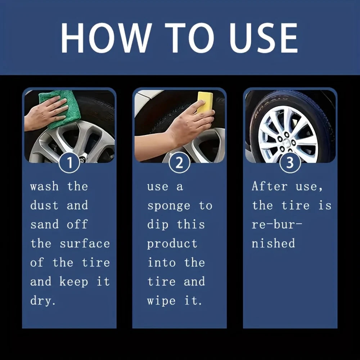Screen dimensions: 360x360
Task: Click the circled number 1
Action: coord(69,163)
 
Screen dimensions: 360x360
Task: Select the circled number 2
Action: coord(179,163)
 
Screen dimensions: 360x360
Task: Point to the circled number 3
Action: coord(290,163)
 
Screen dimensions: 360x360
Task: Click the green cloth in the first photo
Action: coord(61,108)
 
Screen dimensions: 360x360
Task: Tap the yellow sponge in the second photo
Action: coord(205,102)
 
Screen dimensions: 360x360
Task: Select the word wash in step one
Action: coord(44,186)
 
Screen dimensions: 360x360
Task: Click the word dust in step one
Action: coord(44,206)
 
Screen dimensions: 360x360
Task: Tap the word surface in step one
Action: coord(85,244)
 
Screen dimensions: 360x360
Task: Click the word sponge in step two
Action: coord(168,206)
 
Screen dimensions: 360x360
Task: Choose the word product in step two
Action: coord(172,244)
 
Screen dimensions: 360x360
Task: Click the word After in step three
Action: coord(270,186)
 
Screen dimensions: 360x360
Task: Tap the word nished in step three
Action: coord(273,243)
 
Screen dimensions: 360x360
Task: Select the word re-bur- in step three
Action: coord(277,225)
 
